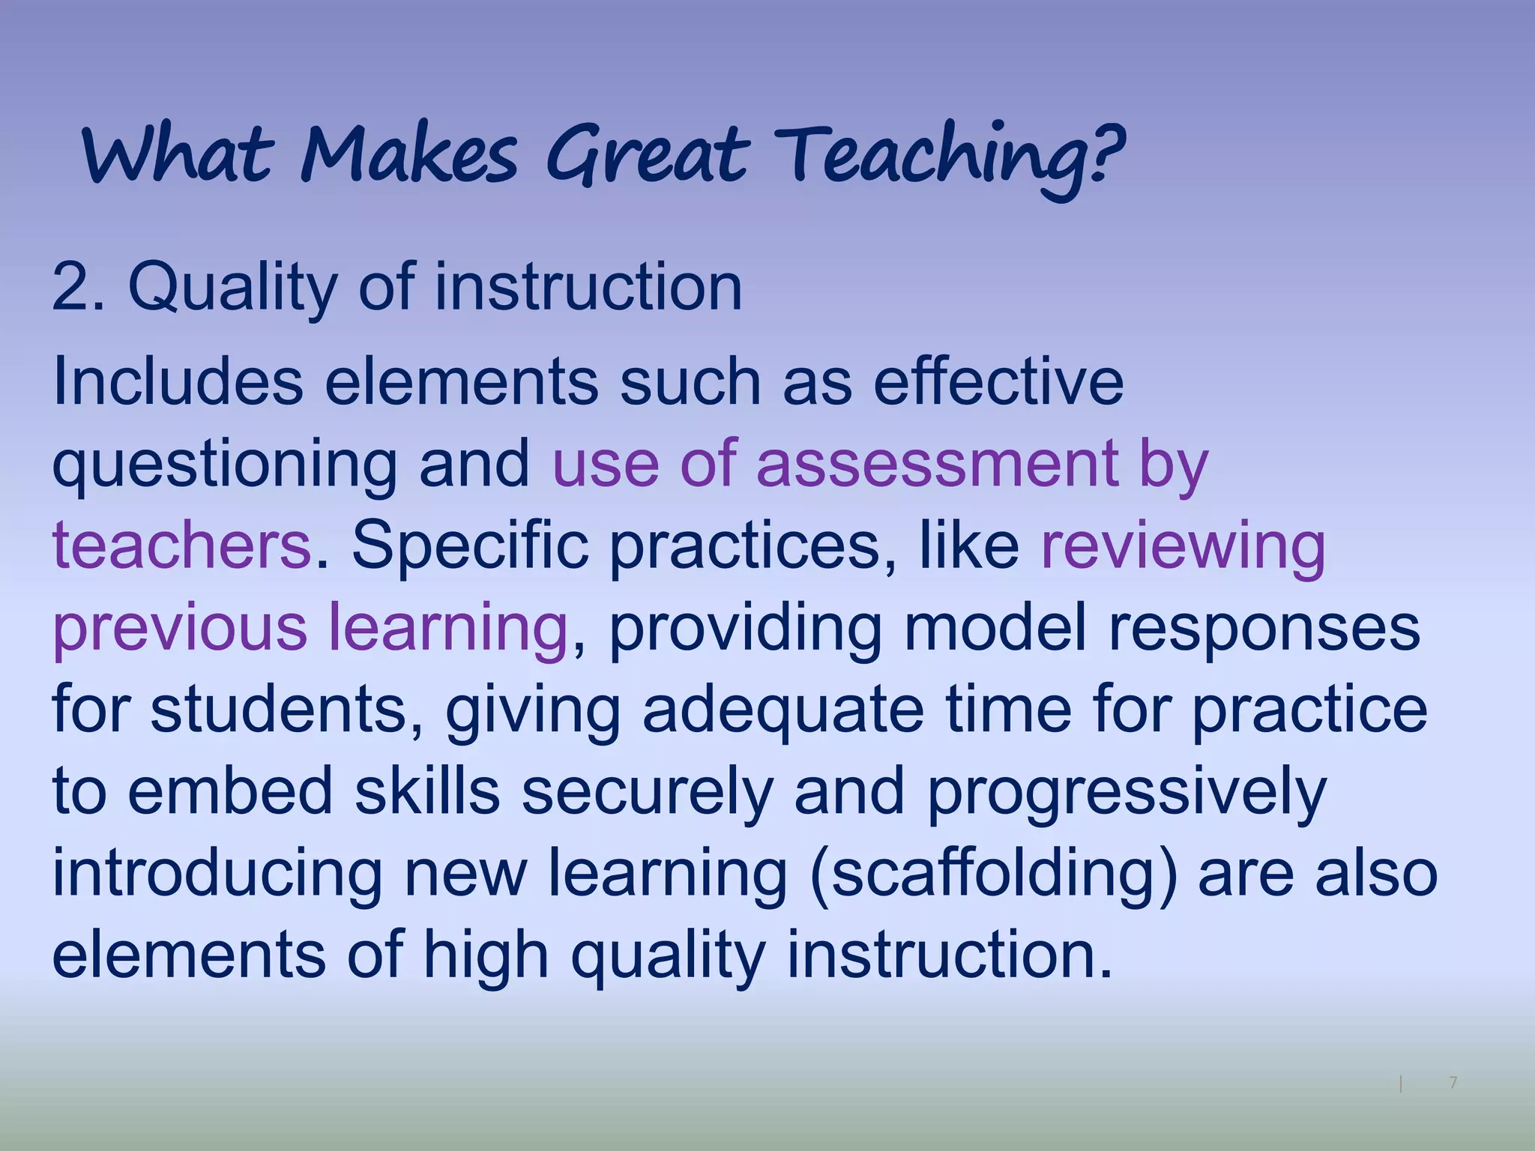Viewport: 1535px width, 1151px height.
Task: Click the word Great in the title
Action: coord(646,156)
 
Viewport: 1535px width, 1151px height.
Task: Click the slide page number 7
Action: coord(1453,1082)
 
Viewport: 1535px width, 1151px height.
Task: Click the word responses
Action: coord(1264,628)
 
